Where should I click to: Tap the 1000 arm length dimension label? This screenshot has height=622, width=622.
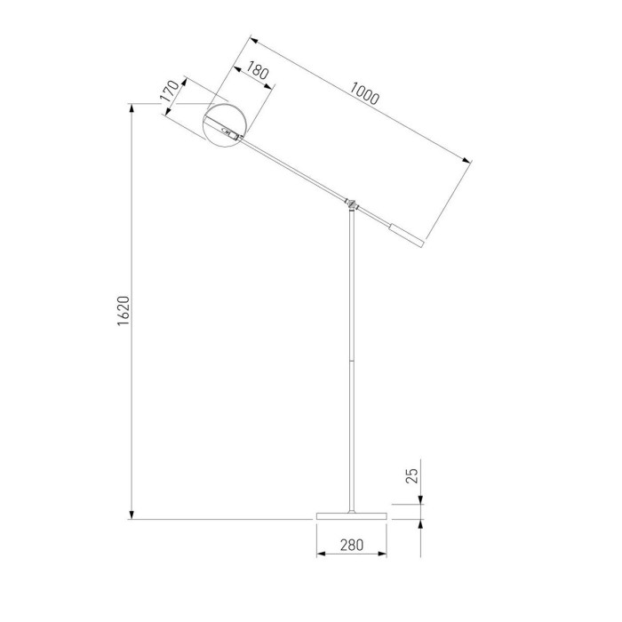pyautogui.click(x=364, y=92)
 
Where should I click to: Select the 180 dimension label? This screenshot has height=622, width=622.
pyautogui.click(x=257, y=72)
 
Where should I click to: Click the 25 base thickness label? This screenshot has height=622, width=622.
pyautogui.click(x=411, y=474)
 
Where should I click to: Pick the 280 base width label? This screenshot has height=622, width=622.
pyautogui.click(x=352, y=546)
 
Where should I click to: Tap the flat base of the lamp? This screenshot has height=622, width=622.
pyautogui.click(x=352, y=516)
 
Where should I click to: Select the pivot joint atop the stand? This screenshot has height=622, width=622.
pyautogui.click(x=353, y=203)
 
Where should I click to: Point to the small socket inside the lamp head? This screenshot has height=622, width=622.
pyautogui.click(x=230, y=136)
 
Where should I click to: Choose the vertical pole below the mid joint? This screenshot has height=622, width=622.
pyautogui.click(x=353, y=435)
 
